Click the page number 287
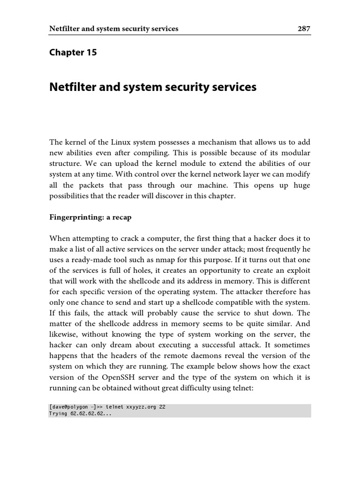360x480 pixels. pos(304,29)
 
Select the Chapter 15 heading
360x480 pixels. pos(73,52)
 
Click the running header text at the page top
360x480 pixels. pos(114,29)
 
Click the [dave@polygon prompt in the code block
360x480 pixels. pos(69,407)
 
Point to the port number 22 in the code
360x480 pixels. pos(162,407)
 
